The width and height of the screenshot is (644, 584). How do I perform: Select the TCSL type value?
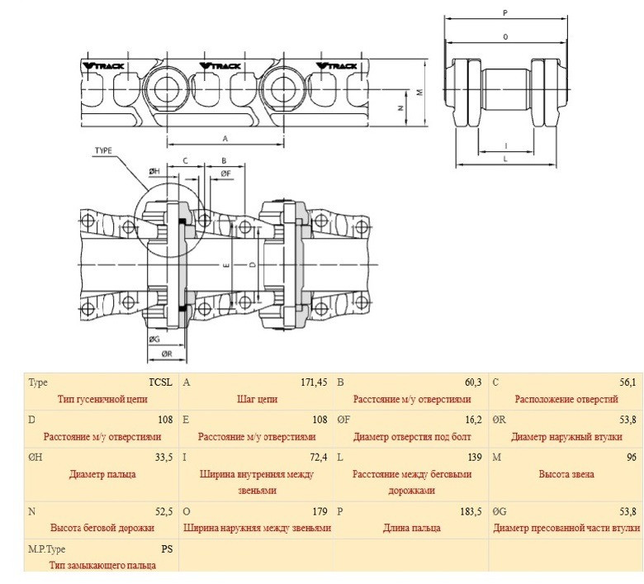[160, 382]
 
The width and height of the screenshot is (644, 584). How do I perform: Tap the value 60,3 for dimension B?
[472, 382]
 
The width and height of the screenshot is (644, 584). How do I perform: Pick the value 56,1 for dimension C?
[627, 382]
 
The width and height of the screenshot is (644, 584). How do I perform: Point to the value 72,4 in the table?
[317, 456]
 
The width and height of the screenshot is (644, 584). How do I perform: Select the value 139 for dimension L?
[474, 456]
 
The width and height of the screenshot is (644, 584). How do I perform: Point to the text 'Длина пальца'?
[410, 528]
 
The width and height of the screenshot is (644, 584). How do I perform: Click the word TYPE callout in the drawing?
[103, 151]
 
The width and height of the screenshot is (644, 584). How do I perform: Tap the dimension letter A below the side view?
[225, 138]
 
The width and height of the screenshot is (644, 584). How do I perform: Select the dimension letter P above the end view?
[504, 12]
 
